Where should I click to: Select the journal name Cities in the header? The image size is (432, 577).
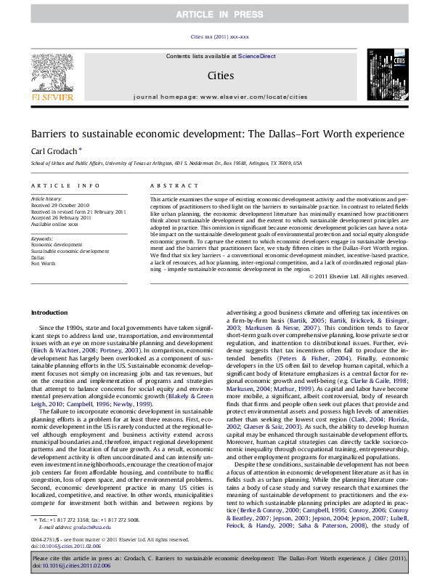pyautogui.click(x=220, y=75)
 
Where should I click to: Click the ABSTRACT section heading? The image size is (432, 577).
pyautogui.click(x=168, y=187)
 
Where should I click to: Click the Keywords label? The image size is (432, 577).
pyautogui.click(x=43, y=238)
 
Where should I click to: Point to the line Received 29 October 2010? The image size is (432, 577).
pyautogui.click(x=59, y=204)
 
